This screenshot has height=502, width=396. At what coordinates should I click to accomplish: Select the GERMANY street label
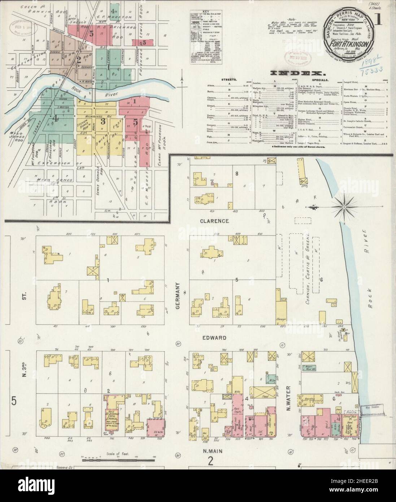[178, 290]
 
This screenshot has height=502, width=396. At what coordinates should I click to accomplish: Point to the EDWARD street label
[214, 338]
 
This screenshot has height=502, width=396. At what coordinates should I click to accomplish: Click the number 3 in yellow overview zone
[103, 121]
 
